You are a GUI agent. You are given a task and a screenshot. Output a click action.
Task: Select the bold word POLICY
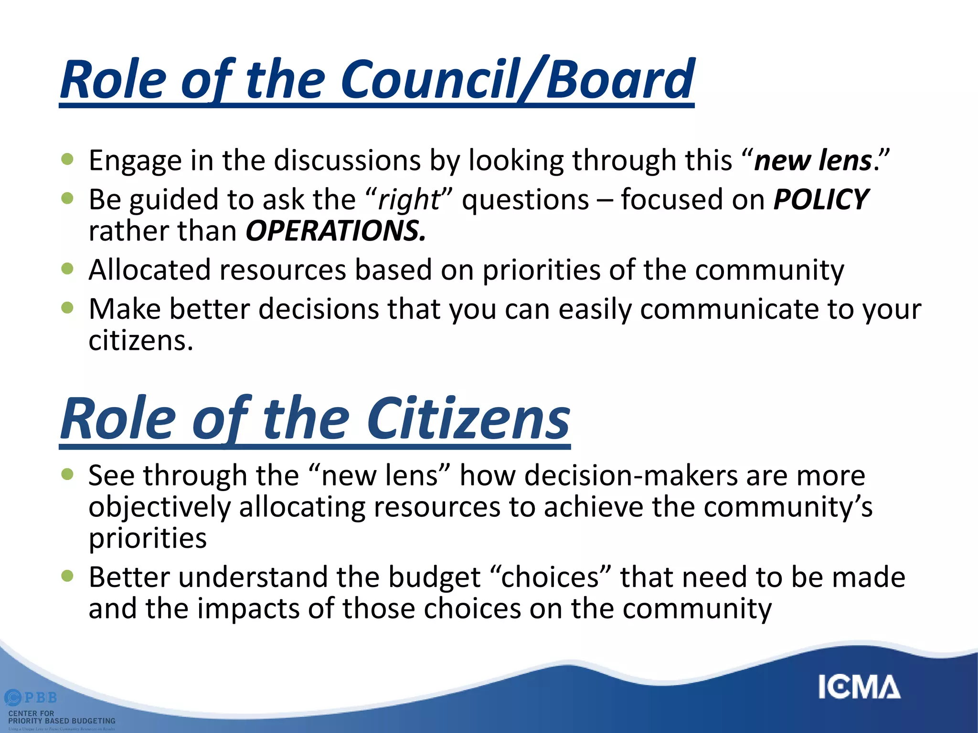click(820, 199)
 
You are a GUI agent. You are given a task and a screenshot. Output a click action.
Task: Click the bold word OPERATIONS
click(335, 231)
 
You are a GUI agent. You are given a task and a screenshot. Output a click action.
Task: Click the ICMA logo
click(859, 687)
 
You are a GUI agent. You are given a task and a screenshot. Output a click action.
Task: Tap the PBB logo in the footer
click(31, 698)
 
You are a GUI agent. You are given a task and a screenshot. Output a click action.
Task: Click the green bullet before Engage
click(68, 159)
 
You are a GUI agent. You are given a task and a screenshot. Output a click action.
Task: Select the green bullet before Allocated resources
click(68, 269)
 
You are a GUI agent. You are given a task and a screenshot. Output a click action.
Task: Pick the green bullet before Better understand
click(68, 576)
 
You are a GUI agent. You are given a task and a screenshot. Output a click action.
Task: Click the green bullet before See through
click(68, 474)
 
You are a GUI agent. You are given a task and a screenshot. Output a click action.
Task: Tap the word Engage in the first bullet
click(135, 161)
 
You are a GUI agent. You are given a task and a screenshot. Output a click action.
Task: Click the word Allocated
click(149, 270)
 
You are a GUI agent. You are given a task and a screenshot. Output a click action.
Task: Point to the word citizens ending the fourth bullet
click(140, 341)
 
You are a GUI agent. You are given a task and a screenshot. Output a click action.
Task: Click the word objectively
click(159, 507)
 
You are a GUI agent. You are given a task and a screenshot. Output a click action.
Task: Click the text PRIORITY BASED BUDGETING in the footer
click(62, 721)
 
